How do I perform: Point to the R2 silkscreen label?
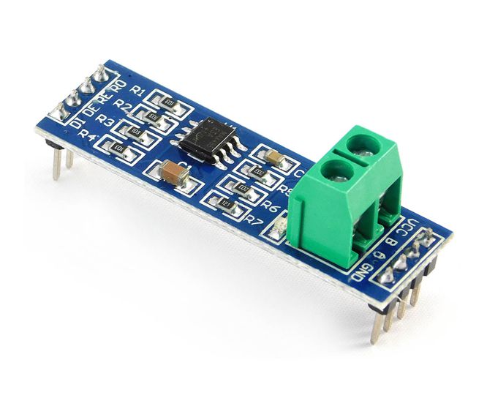[x=124, y=106]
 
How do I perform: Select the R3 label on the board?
[x=106, y=121]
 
